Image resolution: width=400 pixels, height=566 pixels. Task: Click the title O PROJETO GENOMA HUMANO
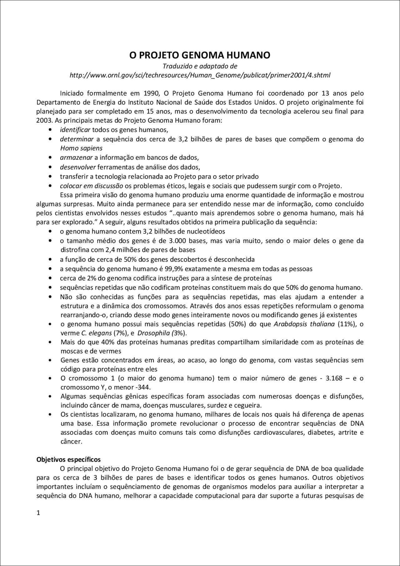tap(200, 55)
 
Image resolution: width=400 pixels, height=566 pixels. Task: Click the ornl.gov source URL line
tap(200, 75)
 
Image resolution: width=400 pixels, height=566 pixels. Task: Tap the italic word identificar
tap(75, 130)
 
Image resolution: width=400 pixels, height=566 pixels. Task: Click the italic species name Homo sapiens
tap(81, 148)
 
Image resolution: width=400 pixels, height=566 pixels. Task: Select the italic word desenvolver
tap(78, 167)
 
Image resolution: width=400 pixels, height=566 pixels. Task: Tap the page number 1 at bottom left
tap(38, 513)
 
